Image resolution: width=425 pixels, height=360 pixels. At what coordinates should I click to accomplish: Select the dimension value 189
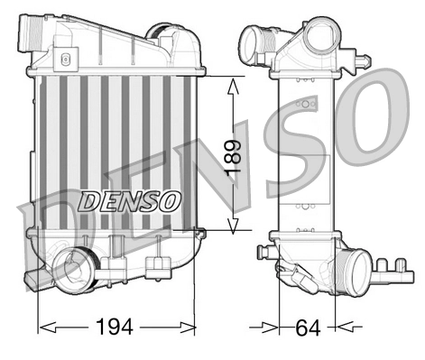(235, 156)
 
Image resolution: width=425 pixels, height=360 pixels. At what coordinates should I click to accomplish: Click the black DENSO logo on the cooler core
(130, 199)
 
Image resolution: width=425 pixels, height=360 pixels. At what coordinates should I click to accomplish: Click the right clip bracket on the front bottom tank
(161, 264)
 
